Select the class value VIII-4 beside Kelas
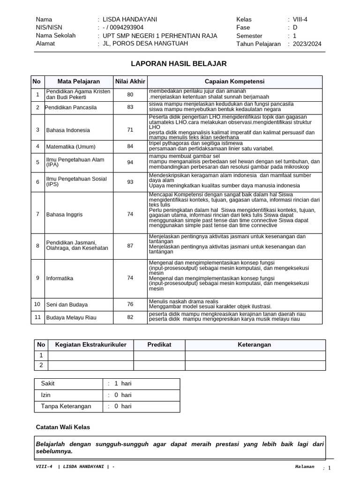(300, 19)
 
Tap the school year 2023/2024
(307, 44)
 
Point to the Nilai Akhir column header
(130, 82)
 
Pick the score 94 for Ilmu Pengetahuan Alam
(130, 162)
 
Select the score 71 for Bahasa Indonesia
(130, 130)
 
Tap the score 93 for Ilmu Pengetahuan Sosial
(130, 181)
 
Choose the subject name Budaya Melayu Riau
(71, 317)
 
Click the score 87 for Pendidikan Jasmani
(130, 246)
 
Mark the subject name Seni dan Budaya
(67, 304)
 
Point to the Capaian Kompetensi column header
(234, 82)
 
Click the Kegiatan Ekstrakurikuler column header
(91, 345)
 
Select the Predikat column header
(159, 345)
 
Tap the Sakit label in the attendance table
(48, 383)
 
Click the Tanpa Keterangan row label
(66, 406)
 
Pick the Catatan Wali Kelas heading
(63, 427)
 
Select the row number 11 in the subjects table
(37, 317)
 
